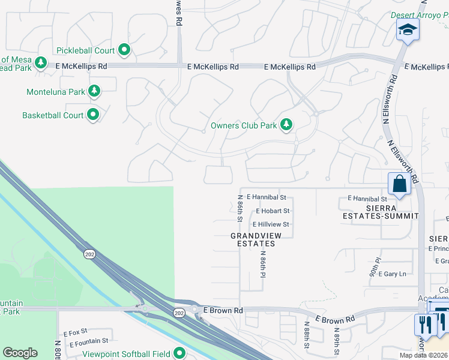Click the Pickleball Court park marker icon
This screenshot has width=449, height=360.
point(124,49)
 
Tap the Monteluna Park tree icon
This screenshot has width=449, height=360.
point(94,91)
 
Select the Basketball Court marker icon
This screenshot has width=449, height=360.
point(93,114)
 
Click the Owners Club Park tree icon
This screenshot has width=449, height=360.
point(288,125)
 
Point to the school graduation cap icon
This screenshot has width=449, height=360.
point(408,29)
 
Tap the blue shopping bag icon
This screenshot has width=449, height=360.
point(399,184)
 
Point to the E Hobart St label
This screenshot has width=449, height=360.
point(273,211)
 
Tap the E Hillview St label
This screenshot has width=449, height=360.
point(271,224)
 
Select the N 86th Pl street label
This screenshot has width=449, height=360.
point(262,264)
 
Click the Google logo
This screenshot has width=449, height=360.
point(20,353)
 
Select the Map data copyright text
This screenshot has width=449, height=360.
point(424,355)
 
